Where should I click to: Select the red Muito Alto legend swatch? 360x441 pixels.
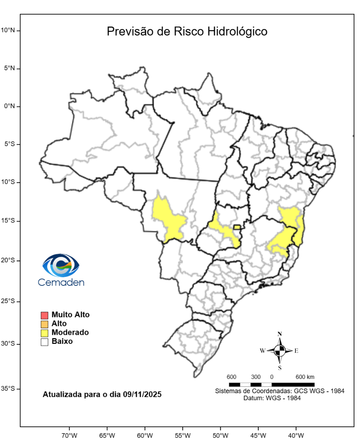point(45,315)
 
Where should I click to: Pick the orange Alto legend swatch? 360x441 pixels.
point(45,324)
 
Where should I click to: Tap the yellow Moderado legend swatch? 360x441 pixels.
point(45,333)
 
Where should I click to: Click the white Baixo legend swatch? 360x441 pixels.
point(45,342)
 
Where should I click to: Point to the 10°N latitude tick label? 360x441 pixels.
point(8,30)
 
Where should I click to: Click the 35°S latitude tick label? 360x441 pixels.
point(8,388)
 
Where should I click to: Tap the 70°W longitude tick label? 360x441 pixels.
point(69,435)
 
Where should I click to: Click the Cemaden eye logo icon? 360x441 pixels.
point(61,265)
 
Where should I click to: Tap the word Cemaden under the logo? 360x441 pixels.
point(61,282)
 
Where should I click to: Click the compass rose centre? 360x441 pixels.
point(280,350)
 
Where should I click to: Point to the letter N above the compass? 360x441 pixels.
point(280,334)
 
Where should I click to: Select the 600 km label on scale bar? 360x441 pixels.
point(305,376)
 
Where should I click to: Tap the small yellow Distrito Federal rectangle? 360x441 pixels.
point(237,227)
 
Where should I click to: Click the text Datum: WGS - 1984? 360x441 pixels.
point(272,398)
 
